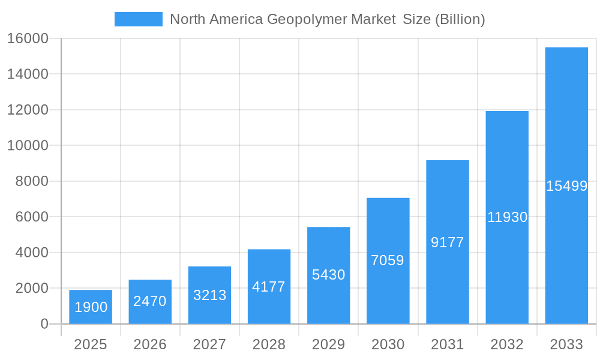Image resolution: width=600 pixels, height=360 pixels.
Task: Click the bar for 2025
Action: [x=90, y=307]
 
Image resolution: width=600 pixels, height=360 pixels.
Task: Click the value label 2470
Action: [x=149, y=301]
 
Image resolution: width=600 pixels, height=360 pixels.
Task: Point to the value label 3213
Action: [x=209, y=295]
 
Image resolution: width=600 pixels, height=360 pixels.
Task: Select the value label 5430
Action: [x=328, y=275]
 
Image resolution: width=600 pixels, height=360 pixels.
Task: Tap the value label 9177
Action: [x=447, y=242]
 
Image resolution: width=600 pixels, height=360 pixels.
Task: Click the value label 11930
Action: [x=507, y=217]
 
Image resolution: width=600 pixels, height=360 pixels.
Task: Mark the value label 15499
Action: [x=566, y=186]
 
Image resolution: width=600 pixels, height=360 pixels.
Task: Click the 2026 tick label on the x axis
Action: [x=149, y=344]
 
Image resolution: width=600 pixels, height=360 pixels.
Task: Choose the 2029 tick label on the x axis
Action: [x=328, y=344]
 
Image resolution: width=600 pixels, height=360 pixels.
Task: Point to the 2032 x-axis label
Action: [x=507, y=344]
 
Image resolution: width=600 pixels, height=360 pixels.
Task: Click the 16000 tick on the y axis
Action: [x=27, y=38]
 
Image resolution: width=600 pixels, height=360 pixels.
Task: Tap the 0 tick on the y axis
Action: [x=44, y=324]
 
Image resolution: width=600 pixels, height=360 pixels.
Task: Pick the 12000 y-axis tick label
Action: [x=27, y=110]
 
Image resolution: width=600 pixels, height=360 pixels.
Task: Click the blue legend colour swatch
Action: [x=138, y=19]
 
